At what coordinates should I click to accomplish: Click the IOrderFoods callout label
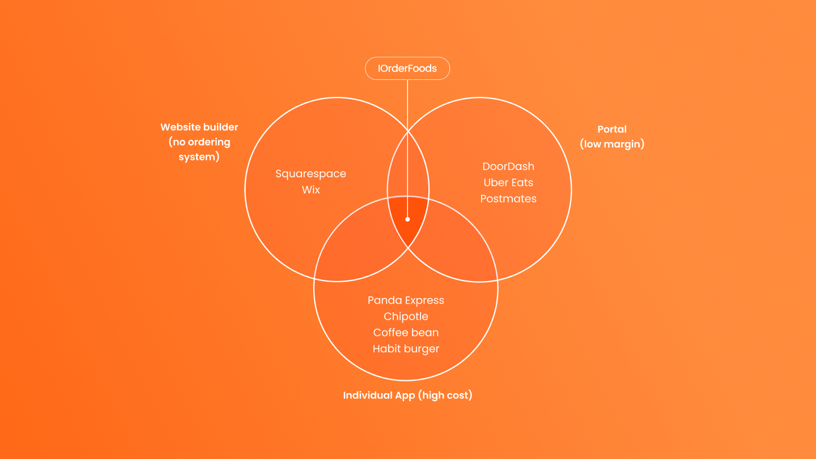pos(407,69)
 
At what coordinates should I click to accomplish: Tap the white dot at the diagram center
pos(407,219)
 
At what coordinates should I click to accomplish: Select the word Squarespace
pos(311,174)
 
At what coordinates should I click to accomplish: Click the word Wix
pos(311,190)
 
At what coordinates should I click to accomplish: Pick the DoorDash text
pos(508,167)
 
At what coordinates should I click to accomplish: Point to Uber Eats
pos(508,182)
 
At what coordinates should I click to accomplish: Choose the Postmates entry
pos(508,199)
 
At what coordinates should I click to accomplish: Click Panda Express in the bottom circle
pos(406,300)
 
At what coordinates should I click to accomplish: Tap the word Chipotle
pos(406,316)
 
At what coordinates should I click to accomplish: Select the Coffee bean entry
pos(406,333)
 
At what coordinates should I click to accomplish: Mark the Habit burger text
pos(406,349)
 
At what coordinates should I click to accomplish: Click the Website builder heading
pos(199,127)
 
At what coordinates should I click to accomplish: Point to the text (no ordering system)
pos(199,150)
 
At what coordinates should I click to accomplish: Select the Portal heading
pos(612,129)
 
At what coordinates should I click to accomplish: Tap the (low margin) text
pos(612,144)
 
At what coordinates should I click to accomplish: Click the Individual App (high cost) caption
pos(407,396)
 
